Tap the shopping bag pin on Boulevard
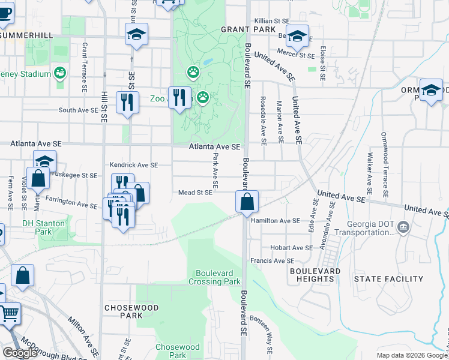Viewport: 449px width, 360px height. [247, 201]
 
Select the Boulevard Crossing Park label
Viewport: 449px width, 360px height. [214, 277]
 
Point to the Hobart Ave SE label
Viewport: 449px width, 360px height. [291, 247]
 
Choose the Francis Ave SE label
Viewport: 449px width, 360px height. [273, 261]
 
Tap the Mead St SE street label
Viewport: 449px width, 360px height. [195, 193]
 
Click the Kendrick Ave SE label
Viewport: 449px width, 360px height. [133, 164]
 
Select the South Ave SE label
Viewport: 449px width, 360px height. [78, 110]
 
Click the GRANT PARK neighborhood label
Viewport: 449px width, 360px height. [248, 29]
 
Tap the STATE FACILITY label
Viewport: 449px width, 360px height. [388, 279]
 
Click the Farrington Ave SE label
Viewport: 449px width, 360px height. [72, 202]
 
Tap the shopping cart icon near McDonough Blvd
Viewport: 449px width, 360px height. [9, 313]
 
